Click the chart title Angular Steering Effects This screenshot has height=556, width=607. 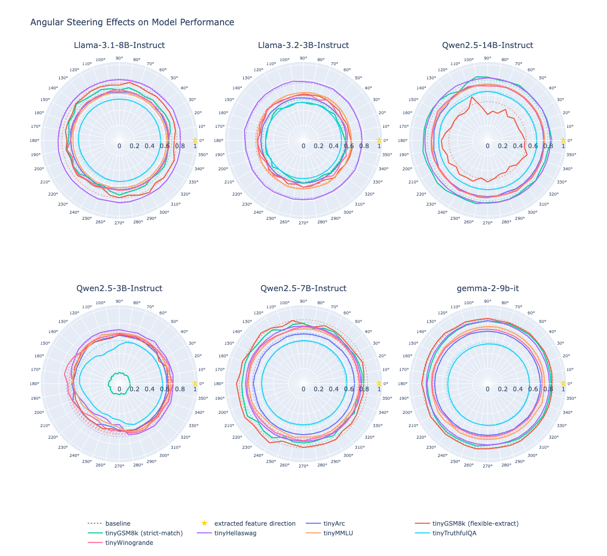pos(132,22)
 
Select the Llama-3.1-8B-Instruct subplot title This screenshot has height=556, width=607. pos(119,45)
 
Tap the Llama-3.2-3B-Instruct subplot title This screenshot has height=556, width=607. pos(303,45)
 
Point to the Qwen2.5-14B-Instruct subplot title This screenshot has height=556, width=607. pos(488,45)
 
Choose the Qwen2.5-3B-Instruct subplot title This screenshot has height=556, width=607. pos(119,289)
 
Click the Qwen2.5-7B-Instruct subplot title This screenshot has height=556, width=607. pos(303,289)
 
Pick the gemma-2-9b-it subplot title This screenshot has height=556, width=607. pos(488,289)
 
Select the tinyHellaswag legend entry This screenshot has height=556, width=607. pos(235,533)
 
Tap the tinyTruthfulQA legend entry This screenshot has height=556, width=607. pos(454,533)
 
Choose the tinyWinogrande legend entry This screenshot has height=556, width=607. pos(129,543)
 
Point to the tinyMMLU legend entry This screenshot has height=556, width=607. pos(338,533)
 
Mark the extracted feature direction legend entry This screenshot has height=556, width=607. pos(254,524)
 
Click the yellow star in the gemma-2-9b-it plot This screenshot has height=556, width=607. pos(563,384)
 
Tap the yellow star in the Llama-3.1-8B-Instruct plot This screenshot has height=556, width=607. pos(195,141)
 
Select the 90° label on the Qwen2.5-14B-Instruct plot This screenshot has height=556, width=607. pos(488,58)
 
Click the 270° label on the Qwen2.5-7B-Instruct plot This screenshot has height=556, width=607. pos(303,466)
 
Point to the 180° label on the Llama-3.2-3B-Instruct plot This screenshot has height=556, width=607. pos(219,141)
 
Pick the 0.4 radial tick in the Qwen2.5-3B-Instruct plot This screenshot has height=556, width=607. pos(150,389)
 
